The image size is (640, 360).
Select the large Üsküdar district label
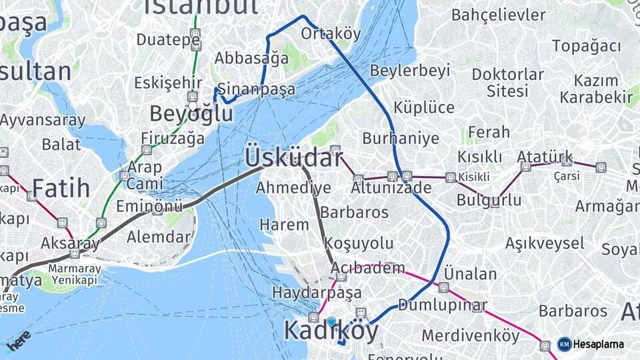point(293,157)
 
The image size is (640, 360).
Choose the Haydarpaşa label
point(317,292)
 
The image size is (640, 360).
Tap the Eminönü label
point(149,207)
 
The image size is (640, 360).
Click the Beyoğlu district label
point(191,113)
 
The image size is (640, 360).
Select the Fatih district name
point(61,188)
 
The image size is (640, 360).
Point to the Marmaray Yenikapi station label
point(75,274)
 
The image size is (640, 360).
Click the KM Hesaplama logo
point(591,344)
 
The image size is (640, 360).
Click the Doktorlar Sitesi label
point(507,81)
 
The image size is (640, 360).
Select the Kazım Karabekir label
point(596,89)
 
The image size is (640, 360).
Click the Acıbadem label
point(368,268)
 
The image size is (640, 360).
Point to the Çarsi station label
point(567,176)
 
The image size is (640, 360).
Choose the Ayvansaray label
point(43,121)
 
